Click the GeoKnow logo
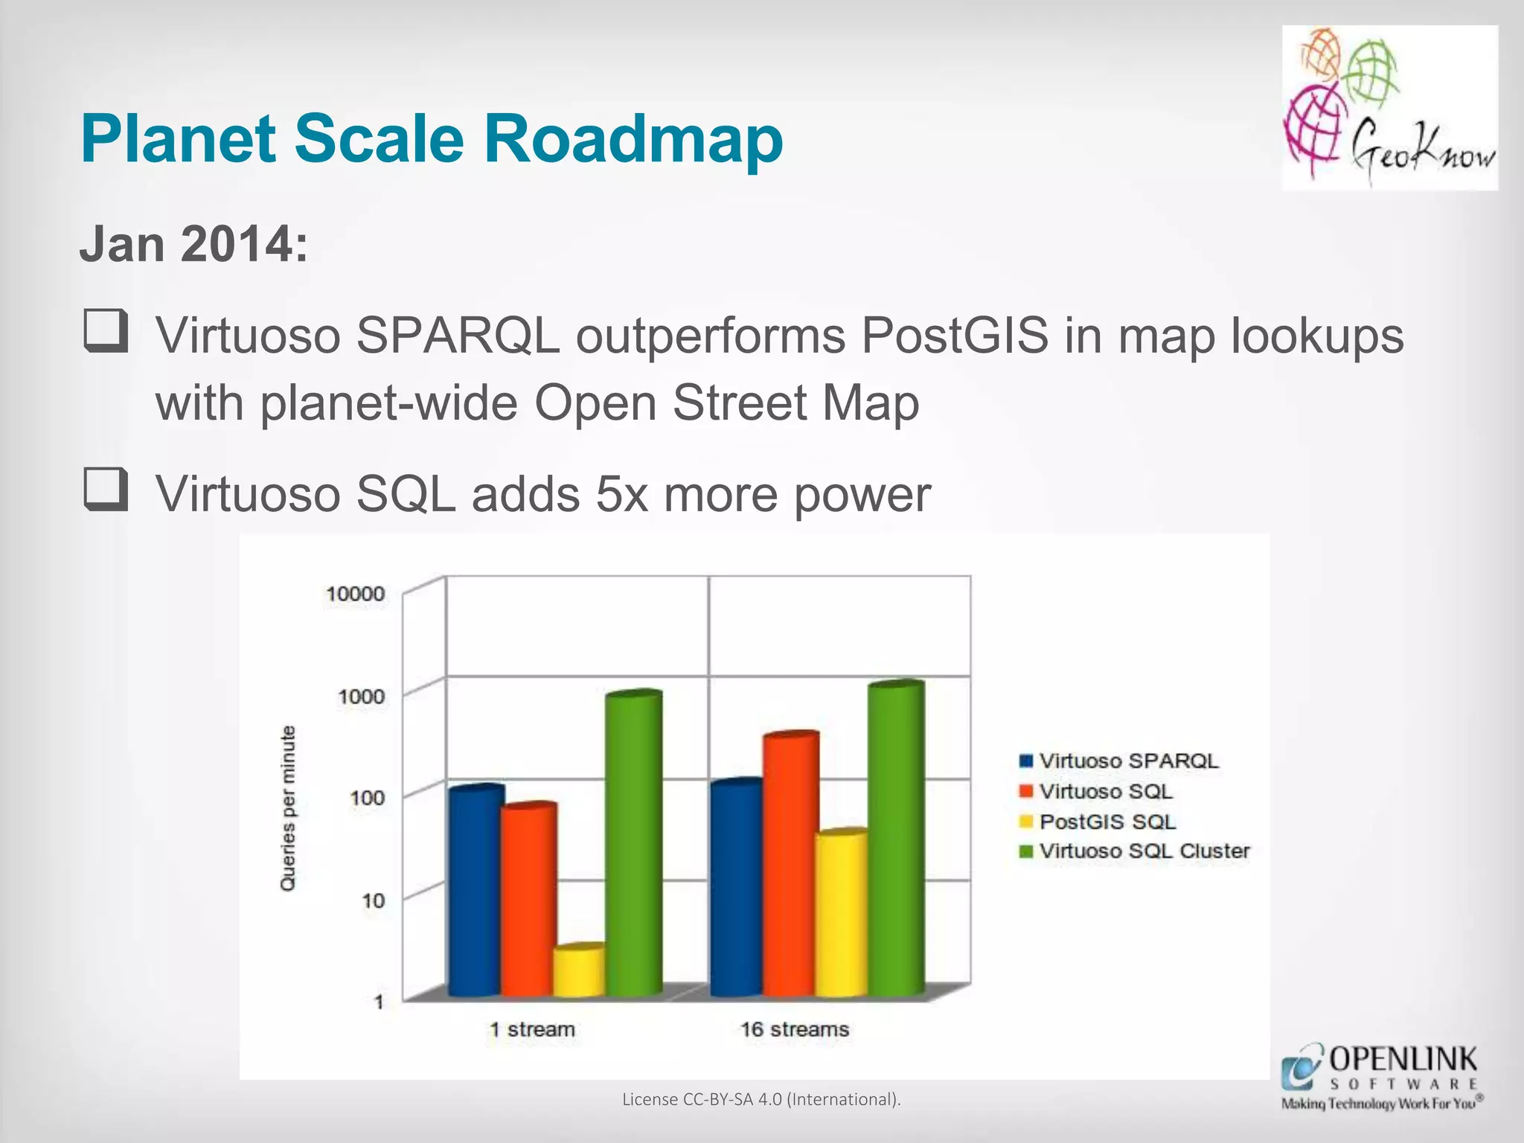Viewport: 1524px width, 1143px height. tap(1389, 108)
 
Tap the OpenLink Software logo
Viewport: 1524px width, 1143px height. tap(1381, 1077)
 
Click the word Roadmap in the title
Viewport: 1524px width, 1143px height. tap(633, 139)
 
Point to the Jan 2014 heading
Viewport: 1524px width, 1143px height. tap(193, 244)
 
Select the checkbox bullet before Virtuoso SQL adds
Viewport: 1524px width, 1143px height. tap(106, 490)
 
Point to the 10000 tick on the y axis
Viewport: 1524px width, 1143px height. tap(356, 594)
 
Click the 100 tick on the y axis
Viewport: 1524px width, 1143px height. tap(367, 798)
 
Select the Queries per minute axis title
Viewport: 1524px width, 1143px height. tap(288, 808)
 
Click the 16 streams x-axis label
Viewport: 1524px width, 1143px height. tap(794, 1030)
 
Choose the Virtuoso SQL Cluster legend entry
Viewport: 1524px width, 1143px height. tap(1135, 851)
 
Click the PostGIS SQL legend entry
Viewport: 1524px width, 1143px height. tap(1098, 822)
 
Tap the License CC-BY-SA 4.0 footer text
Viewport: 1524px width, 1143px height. tap(761, 1099)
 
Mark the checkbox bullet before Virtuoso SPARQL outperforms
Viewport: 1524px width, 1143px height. tap(106, 332)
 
